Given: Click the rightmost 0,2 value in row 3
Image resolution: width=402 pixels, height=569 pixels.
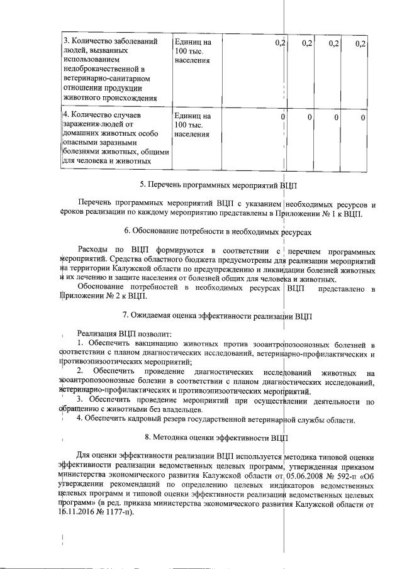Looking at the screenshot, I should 360,43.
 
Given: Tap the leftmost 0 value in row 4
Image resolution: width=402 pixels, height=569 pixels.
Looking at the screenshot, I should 283,117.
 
